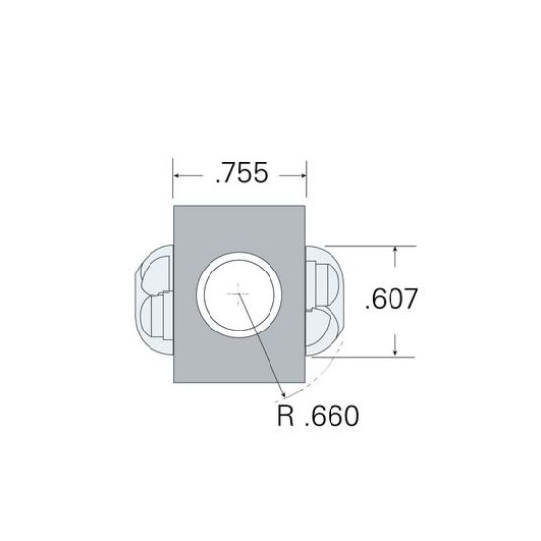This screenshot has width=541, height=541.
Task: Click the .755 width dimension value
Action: pyautogui.click(x=242, y=173)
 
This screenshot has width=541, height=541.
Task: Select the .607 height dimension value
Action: pyautogui.click(x=391, y=299)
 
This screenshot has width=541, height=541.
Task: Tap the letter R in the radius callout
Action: pyautogui.click(x=285, y=416)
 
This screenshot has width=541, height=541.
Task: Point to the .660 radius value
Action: pyautogui.click(x=332, y=416)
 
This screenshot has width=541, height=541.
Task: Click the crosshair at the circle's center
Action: pyautogui.click(x=238, y=294)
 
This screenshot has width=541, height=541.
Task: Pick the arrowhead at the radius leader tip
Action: pyautogui.click(x=283, y=394)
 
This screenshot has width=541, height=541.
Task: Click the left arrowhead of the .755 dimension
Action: pyautogui.click(x=178, y=176)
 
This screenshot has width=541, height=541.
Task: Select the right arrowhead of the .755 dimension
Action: pyautogui.click(x=302, y=176)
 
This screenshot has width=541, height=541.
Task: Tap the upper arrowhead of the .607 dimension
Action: pyautogui.click(x=395, y=251)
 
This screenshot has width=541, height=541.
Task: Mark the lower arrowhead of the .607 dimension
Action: pyautogui.click(x=395, y=351)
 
